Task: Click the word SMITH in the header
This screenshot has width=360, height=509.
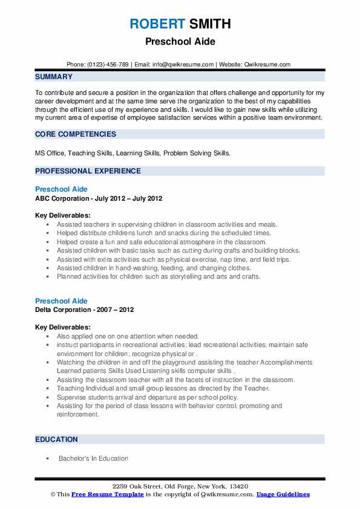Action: (x=209, y=24)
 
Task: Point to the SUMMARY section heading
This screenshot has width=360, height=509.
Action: (x=54, y=77)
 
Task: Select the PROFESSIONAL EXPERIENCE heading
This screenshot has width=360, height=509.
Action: (x=88, y=171)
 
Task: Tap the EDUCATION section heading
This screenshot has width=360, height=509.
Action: (x=56, y=439)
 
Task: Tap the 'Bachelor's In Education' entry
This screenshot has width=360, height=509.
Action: (x=93, y=458)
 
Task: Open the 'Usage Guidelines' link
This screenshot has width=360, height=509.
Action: (x=283, y=494)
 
